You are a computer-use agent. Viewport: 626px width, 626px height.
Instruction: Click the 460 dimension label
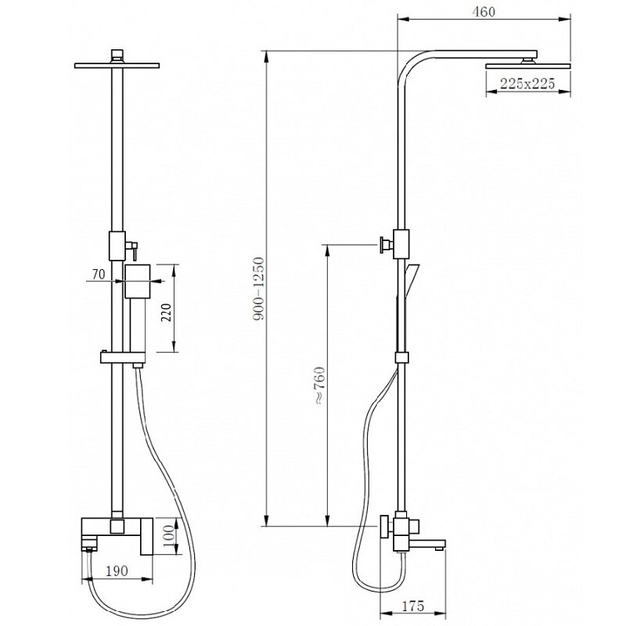pos(484,12)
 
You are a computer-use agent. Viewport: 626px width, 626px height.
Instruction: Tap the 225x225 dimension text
pos(527,84)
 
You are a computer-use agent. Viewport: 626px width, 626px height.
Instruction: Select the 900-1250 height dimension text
pos(260,289)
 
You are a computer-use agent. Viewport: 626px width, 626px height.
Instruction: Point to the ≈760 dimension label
pos(320,386)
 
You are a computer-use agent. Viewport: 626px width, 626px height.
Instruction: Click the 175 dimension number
pos(413,606)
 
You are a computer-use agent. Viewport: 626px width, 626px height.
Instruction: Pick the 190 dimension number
pos(117,571)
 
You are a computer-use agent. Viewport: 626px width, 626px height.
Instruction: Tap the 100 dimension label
pos(169,536)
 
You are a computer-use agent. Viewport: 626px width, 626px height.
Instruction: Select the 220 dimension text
pos(166,313)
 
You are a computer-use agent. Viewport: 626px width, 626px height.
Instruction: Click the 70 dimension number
pos(99,275)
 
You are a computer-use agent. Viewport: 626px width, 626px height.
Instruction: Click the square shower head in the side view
pos(527,66)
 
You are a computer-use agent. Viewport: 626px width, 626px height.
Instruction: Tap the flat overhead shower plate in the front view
pos(117,66)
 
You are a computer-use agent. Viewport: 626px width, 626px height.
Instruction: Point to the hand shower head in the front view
pos(138,281)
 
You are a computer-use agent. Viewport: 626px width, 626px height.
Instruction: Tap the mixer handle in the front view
pos(146,536)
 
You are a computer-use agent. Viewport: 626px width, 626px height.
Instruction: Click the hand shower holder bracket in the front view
pos(123,358)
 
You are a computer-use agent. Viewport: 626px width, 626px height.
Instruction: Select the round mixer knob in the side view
pos(385,526)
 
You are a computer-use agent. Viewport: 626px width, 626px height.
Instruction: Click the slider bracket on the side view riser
pos(402,358)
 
